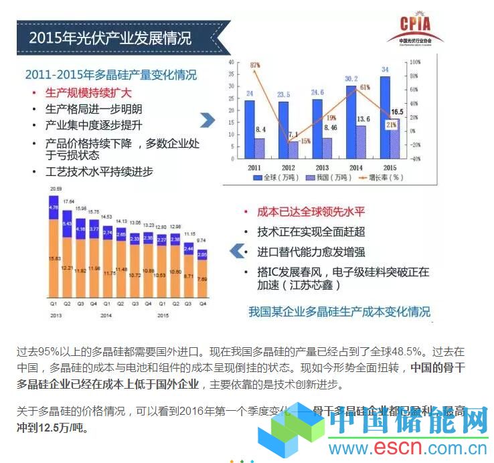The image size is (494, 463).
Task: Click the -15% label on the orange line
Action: [304, 141]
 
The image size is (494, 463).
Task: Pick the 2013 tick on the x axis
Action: [321, 167]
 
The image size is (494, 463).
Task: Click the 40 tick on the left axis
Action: [231, 62]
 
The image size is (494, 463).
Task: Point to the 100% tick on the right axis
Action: [414, 62]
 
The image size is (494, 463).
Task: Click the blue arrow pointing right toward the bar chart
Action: [208, 120]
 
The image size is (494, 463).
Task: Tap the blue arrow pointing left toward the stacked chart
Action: [236, 251]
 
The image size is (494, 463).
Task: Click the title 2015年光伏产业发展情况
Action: [110, 37]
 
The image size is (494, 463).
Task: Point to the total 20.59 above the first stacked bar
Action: [54, 189]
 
